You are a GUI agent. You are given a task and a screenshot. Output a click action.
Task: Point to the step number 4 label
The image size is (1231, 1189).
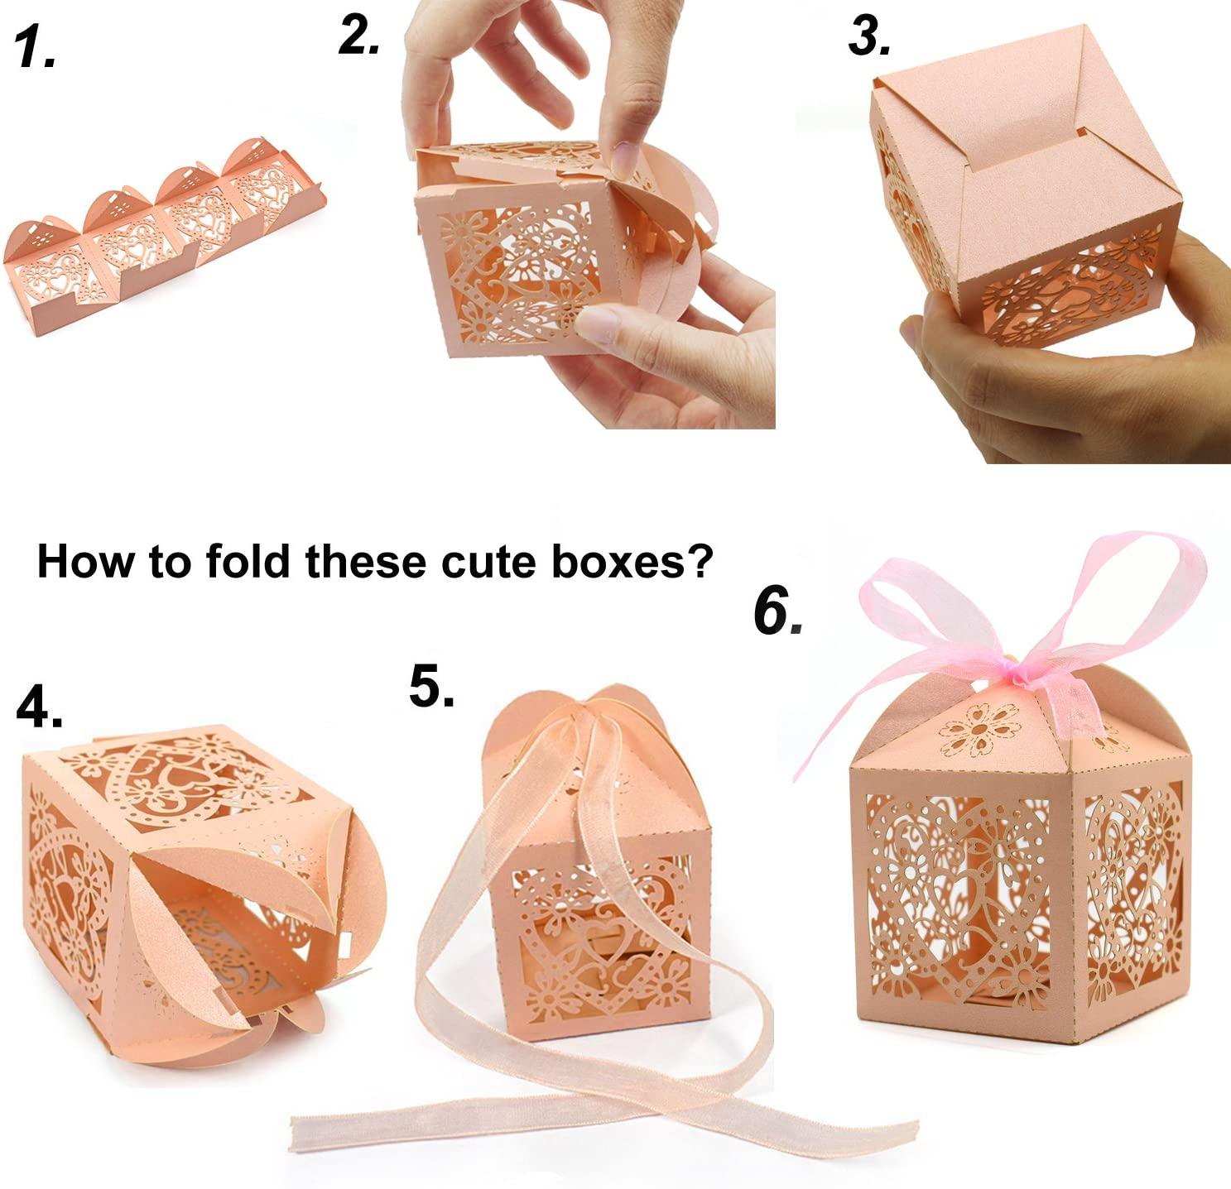click(x=39, y=707)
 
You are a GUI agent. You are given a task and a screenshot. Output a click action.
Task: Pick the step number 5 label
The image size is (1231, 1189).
click(x=432, y=686)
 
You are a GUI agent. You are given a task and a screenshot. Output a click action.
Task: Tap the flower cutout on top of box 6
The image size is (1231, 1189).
click(x=979, y=730)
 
